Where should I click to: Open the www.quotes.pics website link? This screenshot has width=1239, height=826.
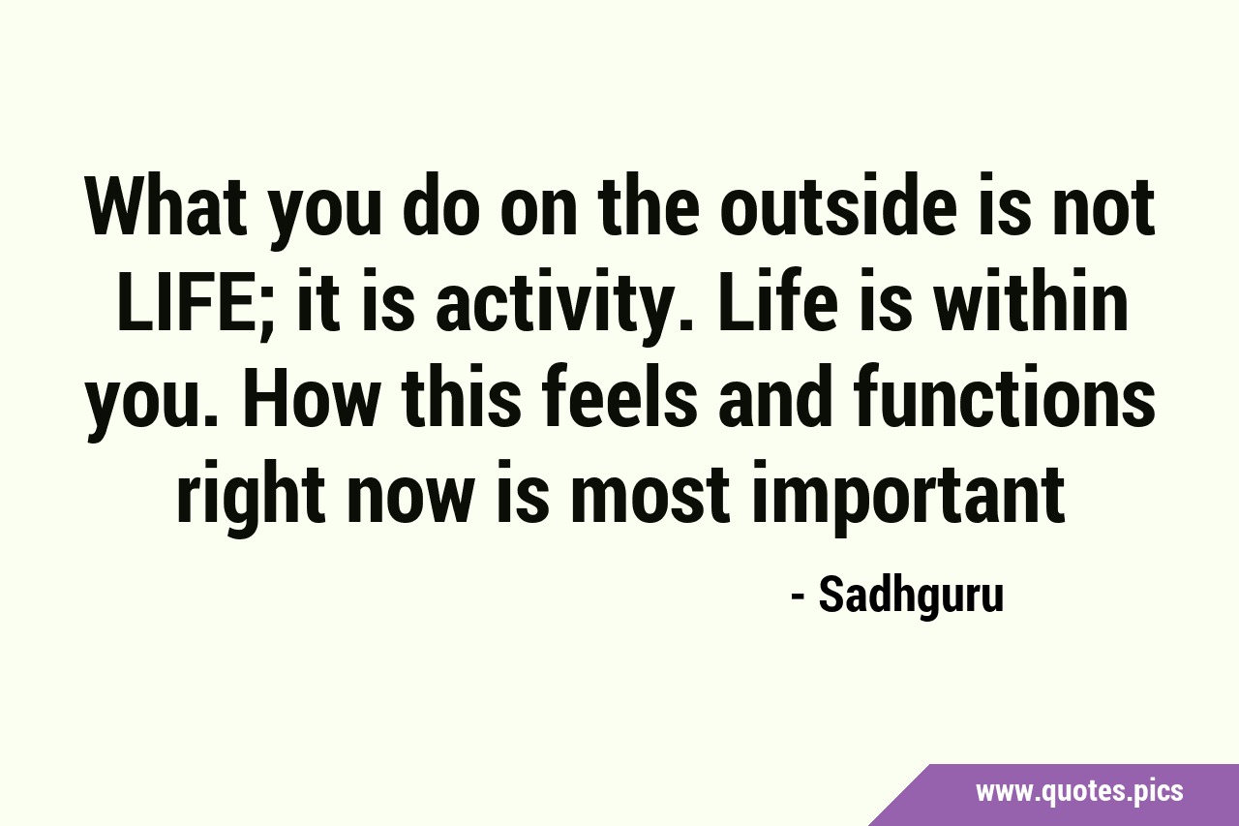[1078, 792]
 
